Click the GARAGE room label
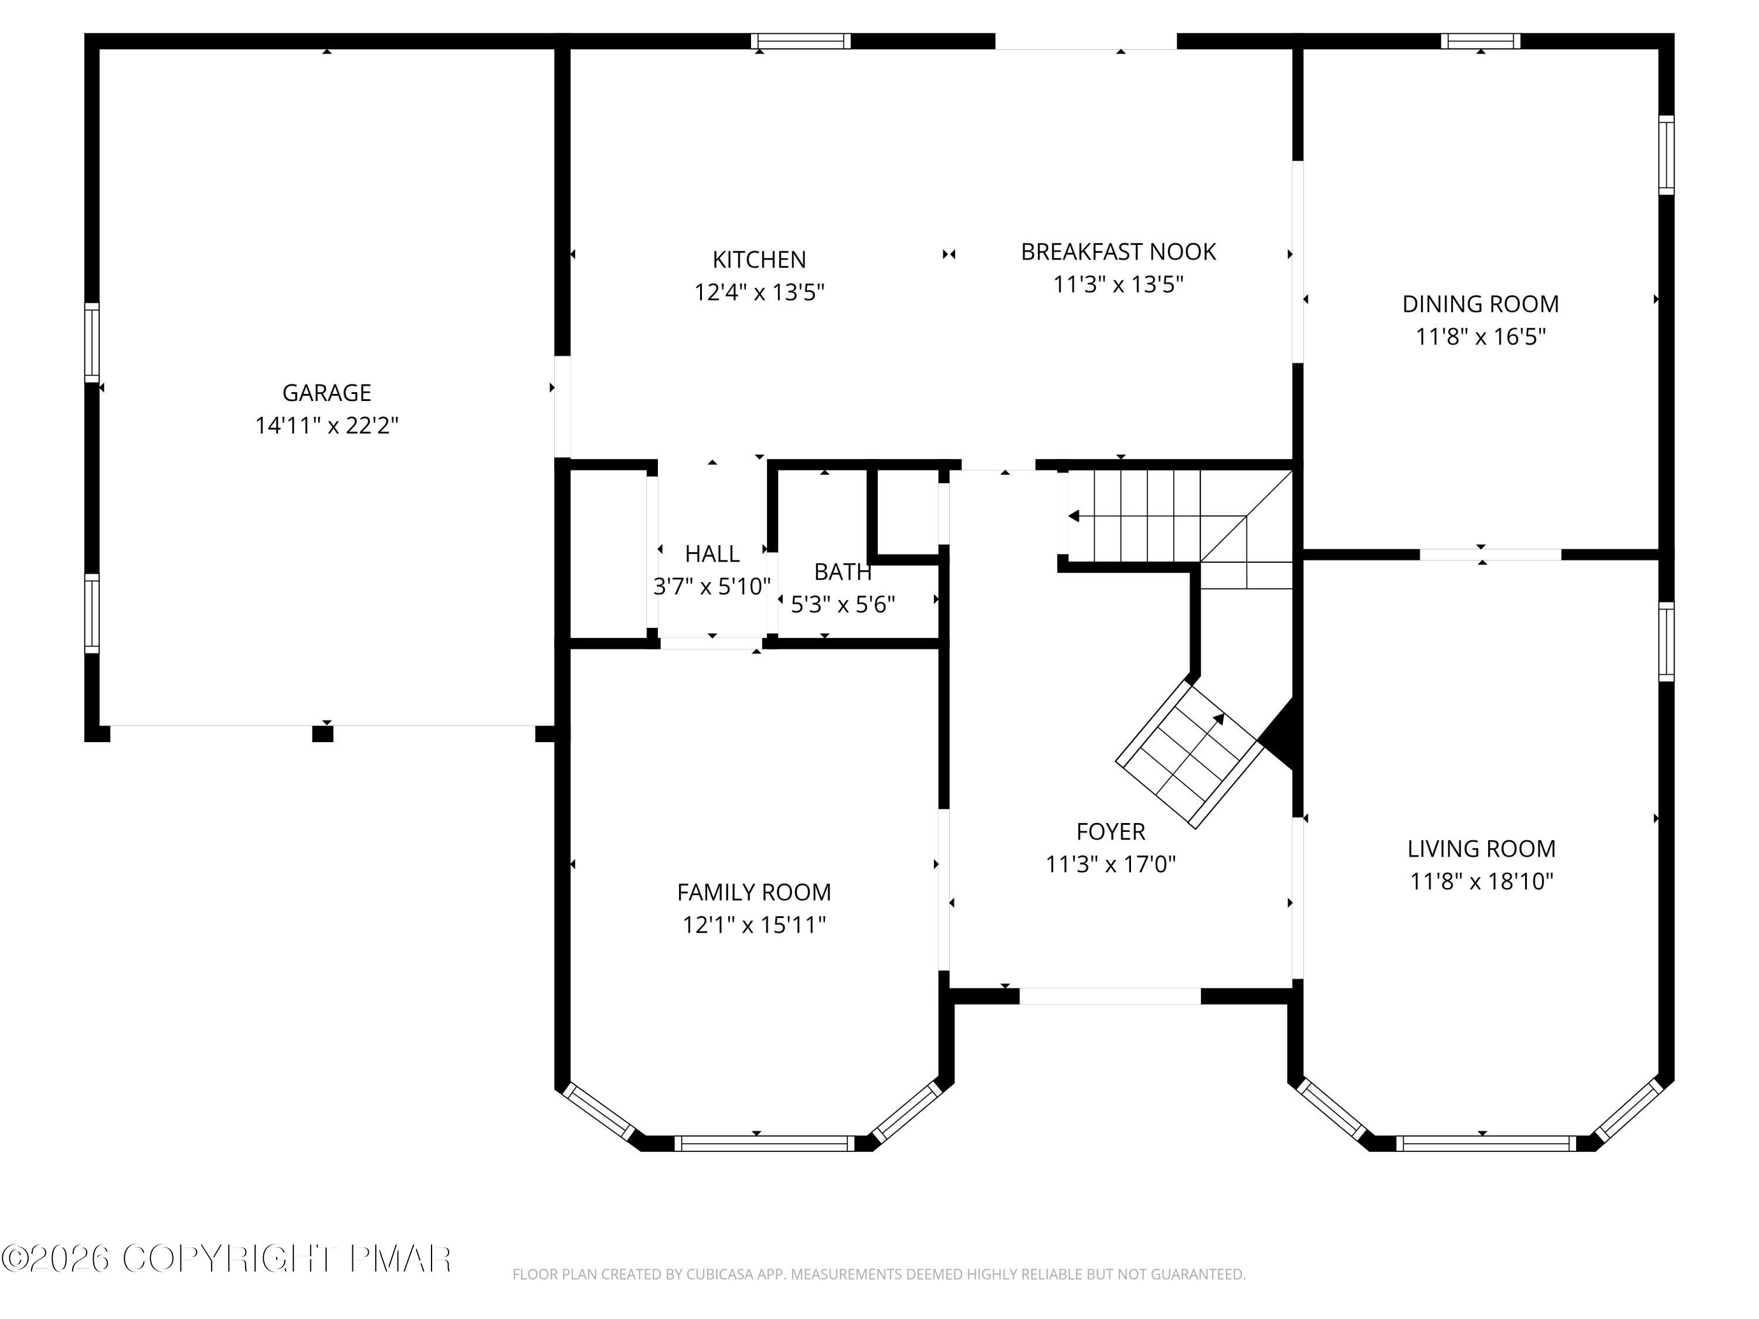(x=326, y=393)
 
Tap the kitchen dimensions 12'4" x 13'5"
(x=759, y=293)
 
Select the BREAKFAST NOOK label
(x=1118, y=252)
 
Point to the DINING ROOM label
(x=1480, y=304)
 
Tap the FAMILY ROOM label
(x=754, y=892)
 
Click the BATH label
(x=843, y=572)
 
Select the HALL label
(x=712, y=553)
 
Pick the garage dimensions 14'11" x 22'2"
(x=326, y=426)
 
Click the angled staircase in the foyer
(x=1187, y=754)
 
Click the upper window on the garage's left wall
(x=92, y=343)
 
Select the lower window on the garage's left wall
(x=92, y=614)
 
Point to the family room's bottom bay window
(x=764, y=1143)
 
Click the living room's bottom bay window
(x=1485, y=1143)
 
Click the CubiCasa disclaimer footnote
(x=879, y=1274)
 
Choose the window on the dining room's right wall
(x=1666, y=155)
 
